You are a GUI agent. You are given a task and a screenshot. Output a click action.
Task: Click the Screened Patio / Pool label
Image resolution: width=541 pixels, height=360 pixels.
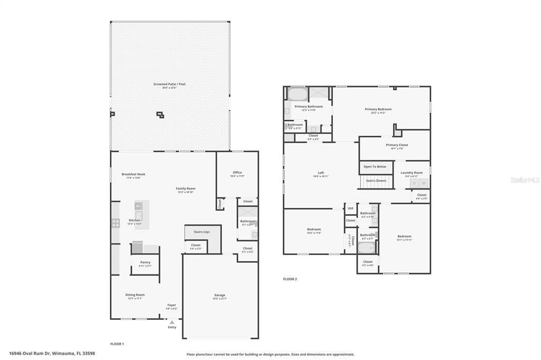[170, 84]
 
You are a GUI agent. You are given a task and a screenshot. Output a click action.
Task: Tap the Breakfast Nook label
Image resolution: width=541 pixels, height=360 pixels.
[133, 174]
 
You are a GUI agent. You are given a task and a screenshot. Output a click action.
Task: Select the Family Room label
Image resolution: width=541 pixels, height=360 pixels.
[186, 188]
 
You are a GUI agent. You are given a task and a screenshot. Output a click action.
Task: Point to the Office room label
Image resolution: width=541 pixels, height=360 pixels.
[237, 173]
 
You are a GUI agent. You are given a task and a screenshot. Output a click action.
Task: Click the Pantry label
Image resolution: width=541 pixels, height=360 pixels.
[145, 262]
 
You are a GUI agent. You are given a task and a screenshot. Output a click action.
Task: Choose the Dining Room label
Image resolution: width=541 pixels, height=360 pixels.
[135, 295]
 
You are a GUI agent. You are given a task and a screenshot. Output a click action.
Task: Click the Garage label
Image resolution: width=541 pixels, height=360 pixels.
[220, 295]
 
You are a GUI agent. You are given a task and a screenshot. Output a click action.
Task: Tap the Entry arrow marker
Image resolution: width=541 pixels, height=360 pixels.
[172, 322]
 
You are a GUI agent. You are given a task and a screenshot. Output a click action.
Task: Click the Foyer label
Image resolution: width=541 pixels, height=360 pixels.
[172, 305]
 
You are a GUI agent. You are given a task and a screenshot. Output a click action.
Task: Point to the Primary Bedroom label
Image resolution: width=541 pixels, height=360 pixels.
[378, 109]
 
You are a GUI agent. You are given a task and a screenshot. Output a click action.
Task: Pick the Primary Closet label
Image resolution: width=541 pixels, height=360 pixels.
[397, 145]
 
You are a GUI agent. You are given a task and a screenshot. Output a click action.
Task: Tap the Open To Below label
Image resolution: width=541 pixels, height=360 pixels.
[375, 167]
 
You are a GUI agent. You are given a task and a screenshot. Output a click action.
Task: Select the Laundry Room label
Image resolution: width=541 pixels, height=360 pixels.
[412, 173]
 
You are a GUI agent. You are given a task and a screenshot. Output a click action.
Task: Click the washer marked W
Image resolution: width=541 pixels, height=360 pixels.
[423, 183]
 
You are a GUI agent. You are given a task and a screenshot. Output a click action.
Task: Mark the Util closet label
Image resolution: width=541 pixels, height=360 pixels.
[350, 209]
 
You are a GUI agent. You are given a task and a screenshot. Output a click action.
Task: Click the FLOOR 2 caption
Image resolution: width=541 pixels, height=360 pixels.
[290, 279]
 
